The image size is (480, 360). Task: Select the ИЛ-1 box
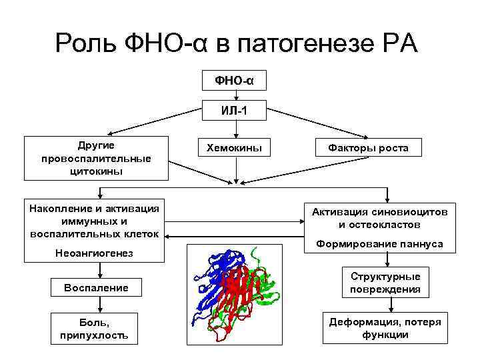tap(235, 111)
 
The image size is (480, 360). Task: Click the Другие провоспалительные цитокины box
tap(95, 159)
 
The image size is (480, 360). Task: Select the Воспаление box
tap(95, 288)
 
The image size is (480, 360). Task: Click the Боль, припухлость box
tap(95, 329)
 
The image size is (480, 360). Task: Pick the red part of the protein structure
tap(240, 293)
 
